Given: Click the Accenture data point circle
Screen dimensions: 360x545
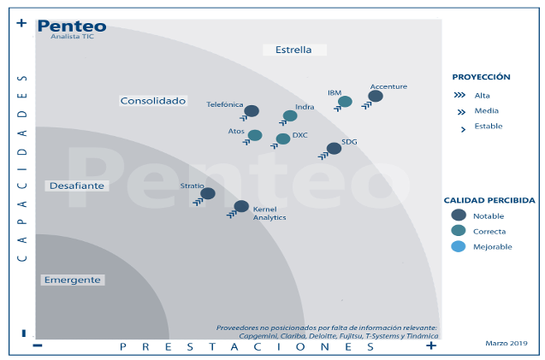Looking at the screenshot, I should tap(375, 96).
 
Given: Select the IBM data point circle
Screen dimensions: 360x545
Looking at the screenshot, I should tap(345, 102).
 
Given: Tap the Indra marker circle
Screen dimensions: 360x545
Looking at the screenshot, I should tap(290, 115).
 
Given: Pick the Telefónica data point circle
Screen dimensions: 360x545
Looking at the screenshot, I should tap(252, 111).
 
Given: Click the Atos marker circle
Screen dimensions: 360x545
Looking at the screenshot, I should tap(255, 135).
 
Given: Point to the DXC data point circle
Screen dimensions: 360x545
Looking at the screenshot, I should tap(283, 139).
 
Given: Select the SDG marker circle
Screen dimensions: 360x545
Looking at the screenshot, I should tap(334, 148).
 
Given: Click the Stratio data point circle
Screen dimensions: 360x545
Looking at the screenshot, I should tap(208, 193).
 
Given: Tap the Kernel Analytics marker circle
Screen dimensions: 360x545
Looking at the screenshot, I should tap(241, 206).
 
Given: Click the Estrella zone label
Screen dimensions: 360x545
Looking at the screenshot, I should tap(293, 50).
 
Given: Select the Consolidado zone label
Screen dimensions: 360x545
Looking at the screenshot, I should tap(153, 100).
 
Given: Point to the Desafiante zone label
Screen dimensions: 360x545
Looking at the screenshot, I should tap(77, 186).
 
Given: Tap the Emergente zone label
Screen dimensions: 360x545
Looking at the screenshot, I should tap(73, 280).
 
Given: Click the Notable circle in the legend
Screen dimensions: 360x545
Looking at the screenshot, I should tap(459, 215).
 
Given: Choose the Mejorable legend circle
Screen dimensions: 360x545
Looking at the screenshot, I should tap(459, 246).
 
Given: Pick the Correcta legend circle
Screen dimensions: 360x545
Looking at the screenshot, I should tap(459, 231).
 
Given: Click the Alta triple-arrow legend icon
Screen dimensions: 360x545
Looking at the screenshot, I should tap(459, 96).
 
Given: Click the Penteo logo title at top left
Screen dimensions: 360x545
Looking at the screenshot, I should tap(72, 27).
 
